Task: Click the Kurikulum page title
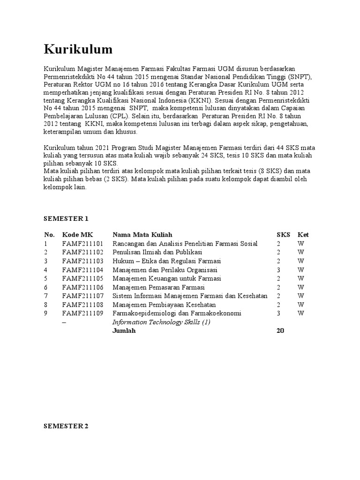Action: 78,49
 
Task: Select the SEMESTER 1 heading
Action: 66,218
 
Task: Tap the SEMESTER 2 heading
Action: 66,427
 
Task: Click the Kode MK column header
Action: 78,235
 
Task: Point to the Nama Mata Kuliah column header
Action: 142,235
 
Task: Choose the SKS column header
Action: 283,235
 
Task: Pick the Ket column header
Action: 303,235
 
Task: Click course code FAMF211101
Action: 82,244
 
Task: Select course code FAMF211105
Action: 82,278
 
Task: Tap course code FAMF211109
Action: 82,313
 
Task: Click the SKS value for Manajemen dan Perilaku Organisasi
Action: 278,270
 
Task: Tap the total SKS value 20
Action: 280,330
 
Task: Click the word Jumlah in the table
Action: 124,330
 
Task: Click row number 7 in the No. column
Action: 45,296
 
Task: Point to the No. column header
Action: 49,235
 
